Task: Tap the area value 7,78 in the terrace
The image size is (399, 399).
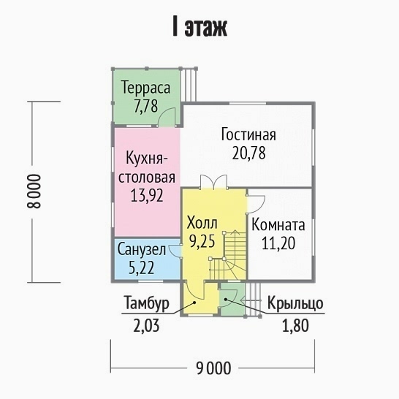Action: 146,106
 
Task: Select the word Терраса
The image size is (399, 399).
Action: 146,87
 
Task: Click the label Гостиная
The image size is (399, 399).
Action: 248,134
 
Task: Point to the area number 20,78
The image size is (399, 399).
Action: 248,153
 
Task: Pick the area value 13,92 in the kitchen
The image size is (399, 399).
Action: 147,196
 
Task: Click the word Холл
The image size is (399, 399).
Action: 202,223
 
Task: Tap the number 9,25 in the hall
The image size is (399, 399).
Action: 202,241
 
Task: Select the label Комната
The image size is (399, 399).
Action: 278,225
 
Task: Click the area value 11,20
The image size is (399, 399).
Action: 278,243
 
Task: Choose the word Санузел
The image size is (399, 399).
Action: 142,250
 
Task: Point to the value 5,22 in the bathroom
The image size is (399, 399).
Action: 142,267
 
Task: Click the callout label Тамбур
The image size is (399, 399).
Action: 147,303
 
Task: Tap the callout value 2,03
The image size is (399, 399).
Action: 147,325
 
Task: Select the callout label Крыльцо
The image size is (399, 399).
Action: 295,303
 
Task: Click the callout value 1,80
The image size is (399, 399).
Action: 296,325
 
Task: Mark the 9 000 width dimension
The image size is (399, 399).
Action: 213,368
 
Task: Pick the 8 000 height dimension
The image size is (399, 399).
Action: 34,191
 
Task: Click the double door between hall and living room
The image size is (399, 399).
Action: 213,182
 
